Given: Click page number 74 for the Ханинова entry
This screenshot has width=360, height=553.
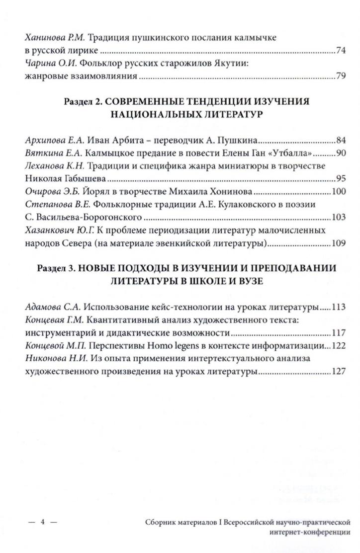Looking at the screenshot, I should tap(341, 51).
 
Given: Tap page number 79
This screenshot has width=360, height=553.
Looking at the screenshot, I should tap(341, 77).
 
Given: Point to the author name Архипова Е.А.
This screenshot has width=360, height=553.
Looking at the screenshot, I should tap(52, 140).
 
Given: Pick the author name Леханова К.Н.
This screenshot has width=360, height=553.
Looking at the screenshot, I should tap(52, 166).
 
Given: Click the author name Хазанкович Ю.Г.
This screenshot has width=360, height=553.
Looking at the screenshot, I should tap(56, 231).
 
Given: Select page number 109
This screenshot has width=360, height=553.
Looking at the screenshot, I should tap(338, 243).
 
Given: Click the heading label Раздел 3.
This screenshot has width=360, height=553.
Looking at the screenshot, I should tap(56, 268).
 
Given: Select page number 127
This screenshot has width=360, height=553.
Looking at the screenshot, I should tap(338, 371).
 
